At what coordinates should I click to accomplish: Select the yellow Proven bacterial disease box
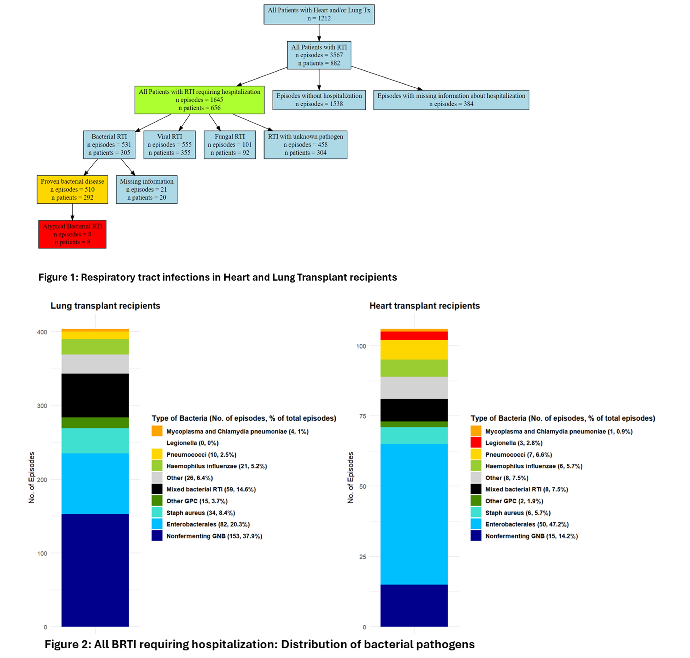tap(72, 189)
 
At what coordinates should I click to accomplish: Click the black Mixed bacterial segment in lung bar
tap(95, 395)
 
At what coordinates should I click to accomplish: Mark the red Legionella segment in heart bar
tap(414, 336)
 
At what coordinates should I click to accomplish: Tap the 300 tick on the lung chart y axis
tap(42, 406)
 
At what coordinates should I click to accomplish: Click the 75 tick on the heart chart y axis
tap(362, 416)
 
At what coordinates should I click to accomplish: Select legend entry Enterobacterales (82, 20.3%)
tap(208, 524)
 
